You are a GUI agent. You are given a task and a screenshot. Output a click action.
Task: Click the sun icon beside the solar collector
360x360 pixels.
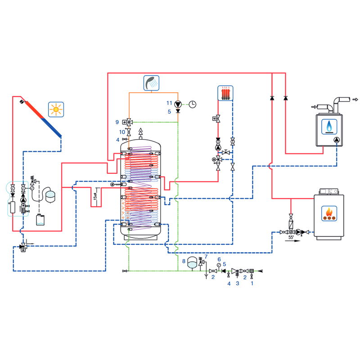[56, 109]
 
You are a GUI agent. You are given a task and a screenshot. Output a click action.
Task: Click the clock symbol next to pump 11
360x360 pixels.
[192, 104]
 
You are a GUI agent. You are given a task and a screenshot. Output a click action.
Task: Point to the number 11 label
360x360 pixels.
[169, 103]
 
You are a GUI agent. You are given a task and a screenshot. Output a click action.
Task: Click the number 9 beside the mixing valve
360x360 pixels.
[117, 121]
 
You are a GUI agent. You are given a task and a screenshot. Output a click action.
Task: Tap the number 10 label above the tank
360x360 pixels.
[121, 132]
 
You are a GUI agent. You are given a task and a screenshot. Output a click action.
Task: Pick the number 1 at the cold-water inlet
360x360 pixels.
[252, 283]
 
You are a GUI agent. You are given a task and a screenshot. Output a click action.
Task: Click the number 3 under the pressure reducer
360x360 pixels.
[238, 283]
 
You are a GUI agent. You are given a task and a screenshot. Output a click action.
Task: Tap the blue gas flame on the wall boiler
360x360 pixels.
[330, 126]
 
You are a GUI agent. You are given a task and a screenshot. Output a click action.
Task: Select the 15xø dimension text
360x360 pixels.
[94, 197]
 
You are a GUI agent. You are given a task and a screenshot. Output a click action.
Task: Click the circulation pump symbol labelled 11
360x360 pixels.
[178, 103]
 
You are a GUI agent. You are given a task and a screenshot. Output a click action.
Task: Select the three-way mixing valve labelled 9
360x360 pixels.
[129, 121]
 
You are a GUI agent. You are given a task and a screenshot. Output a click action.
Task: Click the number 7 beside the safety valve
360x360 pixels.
[206, 257]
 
